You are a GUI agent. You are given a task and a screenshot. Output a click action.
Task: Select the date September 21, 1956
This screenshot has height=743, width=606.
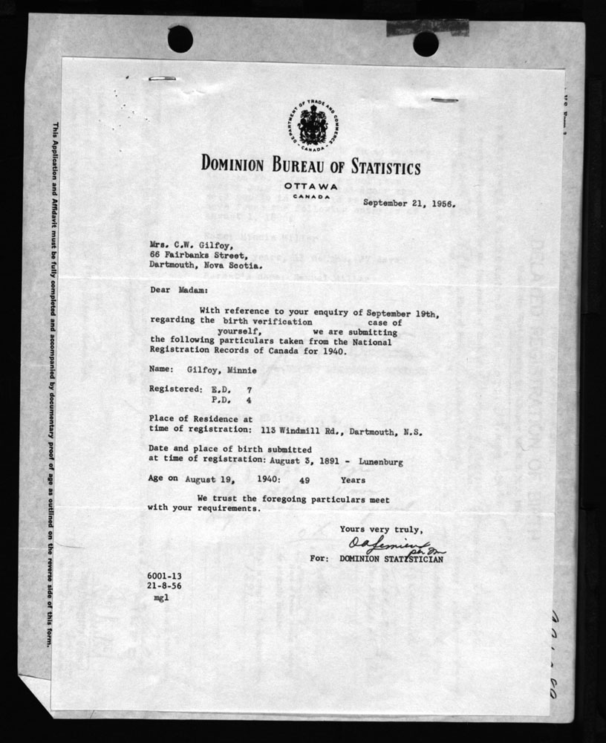(409, 201)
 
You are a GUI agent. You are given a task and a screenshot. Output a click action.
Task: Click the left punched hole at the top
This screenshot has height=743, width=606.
(180, 39)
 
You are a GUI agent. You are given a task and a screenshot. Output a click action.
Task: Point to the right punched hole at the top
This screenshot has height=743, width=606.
(426, 44)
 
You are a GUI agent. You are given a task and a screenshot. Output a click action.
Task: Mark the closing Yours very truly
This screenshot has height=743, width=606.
(381, 529)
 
